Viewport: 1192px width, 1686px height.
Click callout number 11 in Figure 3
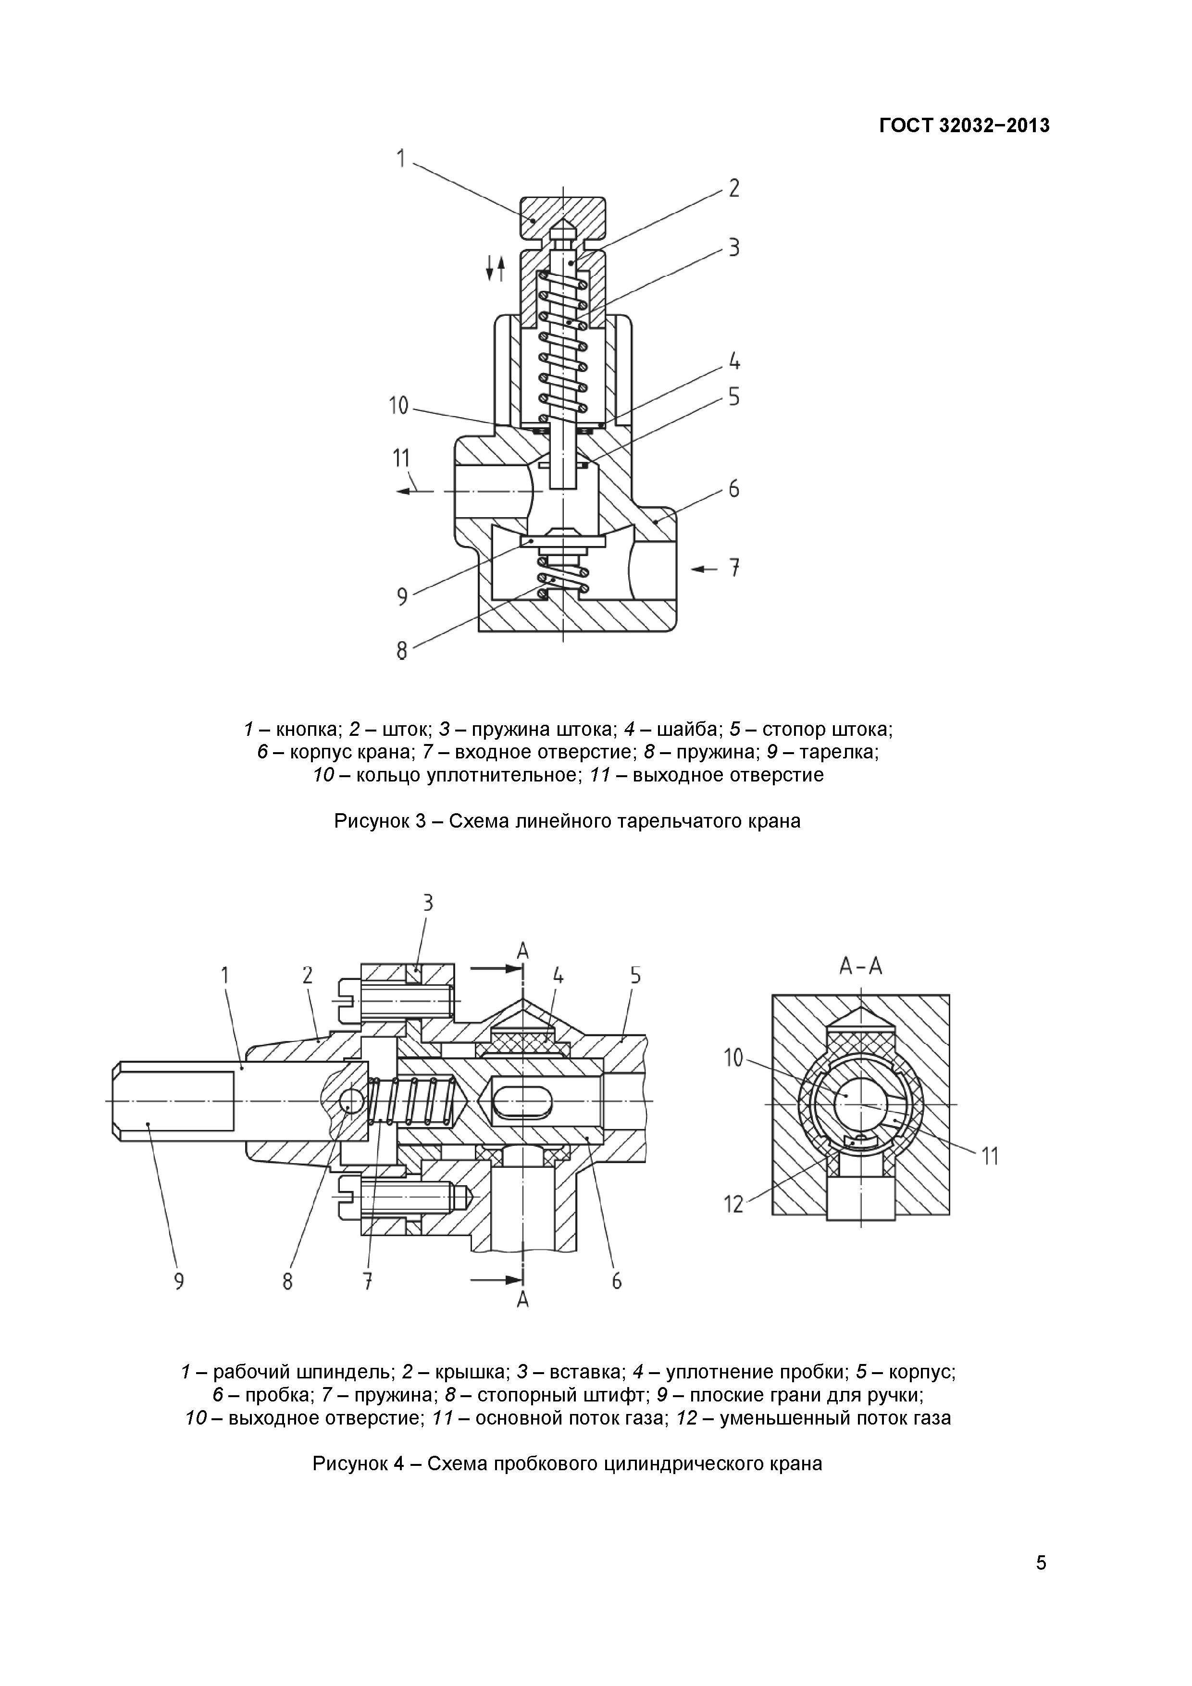coord(401,458)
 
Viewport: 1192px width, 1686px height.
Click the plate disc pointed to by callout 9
coord(562,541)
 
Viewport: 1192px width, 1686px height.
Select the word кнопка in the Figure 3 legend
coord(309,730)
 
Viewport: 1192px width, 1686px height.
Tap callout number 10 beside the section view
coord(733,1058)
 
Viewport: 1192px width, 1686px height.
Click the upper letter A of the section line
coord(522,952)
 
